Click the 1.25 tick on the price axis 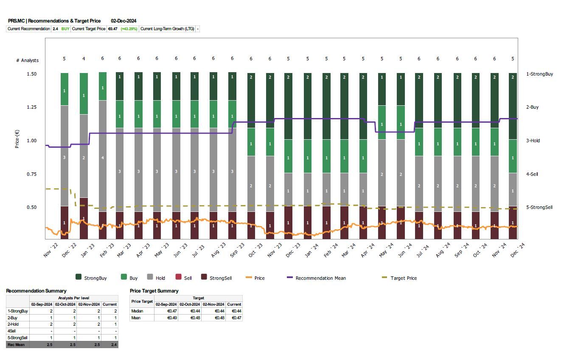(32, 107)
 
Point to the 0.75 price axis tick (32, 174)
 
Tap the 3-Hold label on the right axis (533, 141)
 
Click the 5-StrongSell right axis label (539, 208)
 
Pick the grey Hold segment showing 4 (102, 158)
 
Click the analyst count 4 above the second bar (84, 59)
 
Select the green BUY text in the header (65, 29)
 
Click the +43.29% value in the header (129, 29)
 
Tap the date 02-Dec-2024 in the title (123, 21)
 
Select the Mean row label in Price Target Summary (136, 318)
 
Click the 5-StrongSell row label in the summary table (17, 338)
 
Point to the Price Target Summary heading (154, 291)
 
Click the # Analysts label (27, 60)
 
